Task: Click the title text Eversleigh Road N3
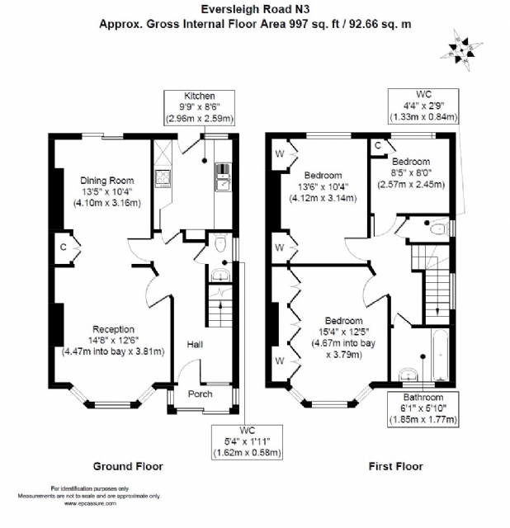pyautogui.click(x=254, y=10)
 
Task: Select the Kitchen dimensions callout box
pyautogui.click(x=199, y=108)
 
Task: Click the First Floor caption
pyautogui.click(x=394, y=466)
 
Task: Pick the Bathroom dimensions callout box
pyautogui.click(x=417, y=409)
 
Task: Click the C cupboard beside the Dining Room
pyautogui.click(x=63, y=247)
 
